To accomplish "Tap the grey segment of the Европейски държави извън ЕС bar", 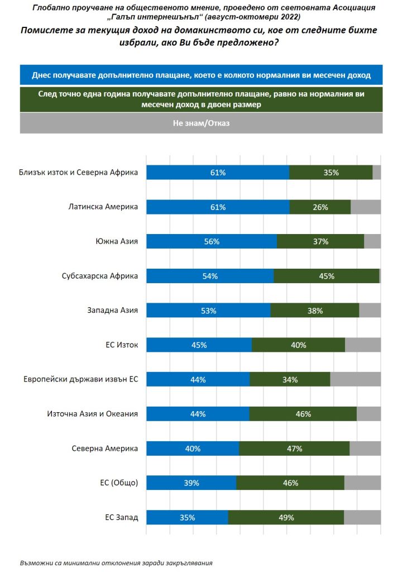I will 355,380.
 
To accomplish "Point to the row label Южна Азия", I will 117,242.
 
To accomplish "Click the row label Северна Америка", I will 105,449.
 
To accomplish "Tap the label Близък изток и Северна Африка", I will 78,173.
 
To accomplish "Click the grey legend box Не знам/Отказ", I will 201,123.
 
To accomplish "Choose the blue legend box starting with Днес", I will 201,74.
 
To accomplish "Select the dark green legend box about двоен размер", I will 201,99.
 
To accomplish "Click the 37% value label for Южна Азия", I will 320,242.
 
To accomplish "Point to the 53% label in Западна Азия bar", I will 208,311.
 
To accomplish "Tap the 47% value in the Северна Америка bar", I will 294,449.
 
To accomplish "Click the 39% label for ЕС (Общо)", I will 191,483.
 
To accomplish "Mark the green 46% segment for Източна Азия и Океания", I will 303,414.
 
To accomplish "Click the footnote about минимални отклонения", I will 116,563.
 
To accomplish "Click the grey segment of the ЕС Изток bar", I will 363,345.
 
